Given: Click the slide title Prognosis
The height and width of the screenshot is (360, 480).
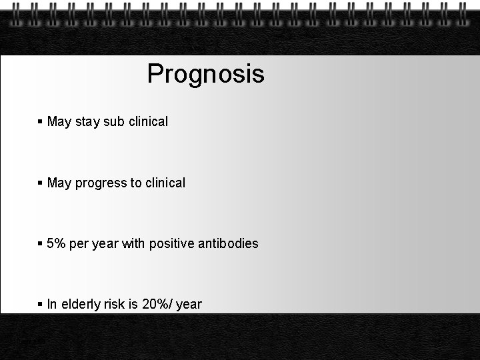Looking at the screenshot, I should tap(205, 74).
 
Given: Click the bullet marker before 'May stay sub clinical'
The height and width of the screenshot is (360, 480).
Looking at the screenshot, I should tap(41, 122).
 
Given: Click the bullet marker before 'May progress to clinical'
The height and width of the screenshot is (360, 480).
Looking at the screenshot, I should tap(41, 183).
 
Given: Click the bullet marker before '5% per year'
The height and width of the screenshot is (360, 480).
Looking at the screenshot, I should tap(41, 244).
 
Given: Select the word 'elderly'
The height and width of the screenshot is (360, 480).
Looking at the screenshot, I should tap(80, 305).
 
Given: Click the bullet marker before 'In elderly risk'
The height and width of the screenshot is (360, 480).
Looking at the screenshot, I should tap(41, 305).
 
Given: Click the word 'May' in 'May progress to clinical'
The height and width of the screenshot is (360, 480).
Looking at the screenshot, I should tap(59, 183).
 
